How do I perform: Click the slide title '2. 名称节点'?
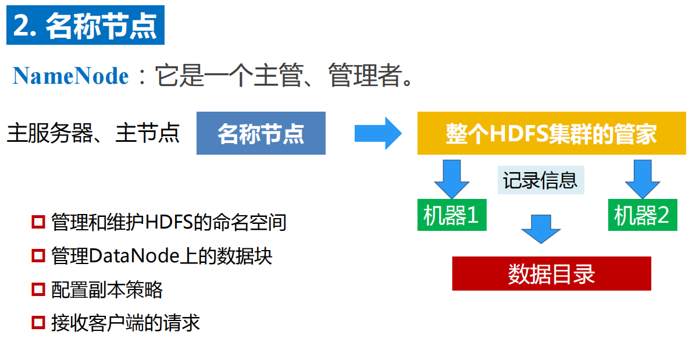[85, 26]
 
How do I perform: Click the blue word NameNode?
[71, 76]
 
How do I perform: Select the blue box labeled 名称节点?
[260, 134]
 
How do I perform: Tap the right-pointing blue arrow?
[378, 133]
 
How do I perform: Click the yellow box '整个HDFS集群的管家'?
[551, 134]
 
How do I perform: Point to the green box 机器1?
[451, 216]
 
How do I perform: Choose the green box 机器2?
[643, 216]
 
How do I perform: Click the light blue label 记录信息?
[540, 181]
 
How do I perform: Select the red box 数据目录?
[551, 274]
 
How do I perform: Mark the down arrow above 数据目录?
[541, 229]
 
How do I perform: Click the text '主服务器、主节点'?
[93, 133]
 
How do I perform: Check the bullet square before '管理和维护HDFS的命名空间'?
[38, 222]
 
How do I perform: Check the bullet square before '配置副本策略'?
[38, 290]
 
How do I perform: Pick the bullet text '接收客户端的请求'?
[126, 323]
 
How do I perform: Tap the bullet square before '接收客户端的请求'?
[38, 323]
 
